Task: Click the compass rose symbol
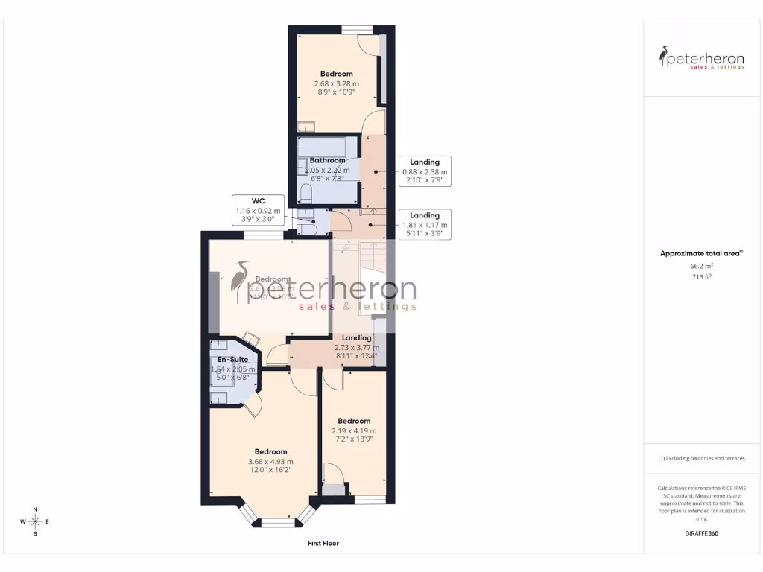click(x=35, y=521)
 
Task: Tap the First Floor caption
click(x=323, y=544)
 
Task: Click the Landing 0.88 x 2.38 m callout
click(x=425, y=171)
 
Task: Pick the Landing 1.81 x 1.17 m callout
click(x=425, y=224)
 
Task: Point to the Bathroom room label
click(x=327, y=160)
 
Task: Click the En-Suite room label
click(x=232, y=359)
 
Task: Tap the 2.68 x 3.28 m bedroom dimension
click(x=336, y=84)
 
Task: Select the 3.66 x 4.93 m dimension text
click(x=270, y=462)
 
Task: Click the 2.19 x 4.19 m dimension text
click(x=354, y=430)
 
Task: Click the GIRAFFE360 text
click(x=701, y=533)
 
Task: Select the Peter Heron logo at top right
click(x=701, y=57)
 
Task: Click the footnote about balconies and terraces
click(x=701, y=458)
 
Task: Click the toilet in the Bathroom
click(x=305, y=194)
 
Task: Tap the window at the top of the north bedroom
click(x=357, y=30)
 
